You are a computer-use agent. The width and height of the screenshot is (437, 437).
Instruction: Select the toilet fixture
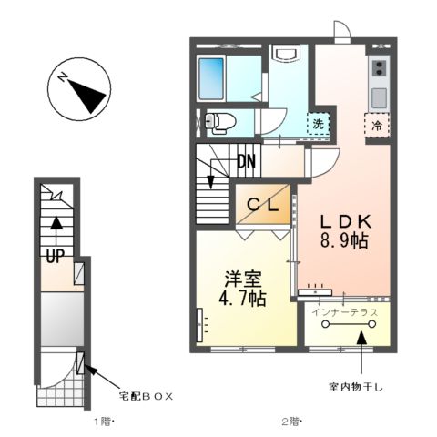point(221,120)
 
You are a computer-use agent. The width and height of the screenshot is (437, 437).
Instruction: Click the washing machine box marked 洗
point(319,124)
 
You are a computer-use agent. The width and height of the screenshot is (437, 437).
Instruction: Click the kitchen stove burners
point(379,67)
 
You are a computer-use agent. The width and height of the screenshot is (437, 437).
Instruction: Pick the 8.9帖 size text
point(343,242)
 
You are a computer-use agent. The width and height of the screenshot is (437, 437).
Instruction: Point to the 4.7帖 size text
point(243,298)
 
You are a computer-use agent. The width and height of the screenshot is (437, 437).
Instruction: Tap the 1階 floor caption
point(102,422)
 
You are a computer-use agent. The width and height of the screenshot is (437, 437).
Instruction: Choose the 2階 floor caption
point(290,422)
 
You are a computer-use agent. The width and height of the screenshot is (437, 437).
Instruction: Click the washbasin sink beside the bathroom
point(285,54)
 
